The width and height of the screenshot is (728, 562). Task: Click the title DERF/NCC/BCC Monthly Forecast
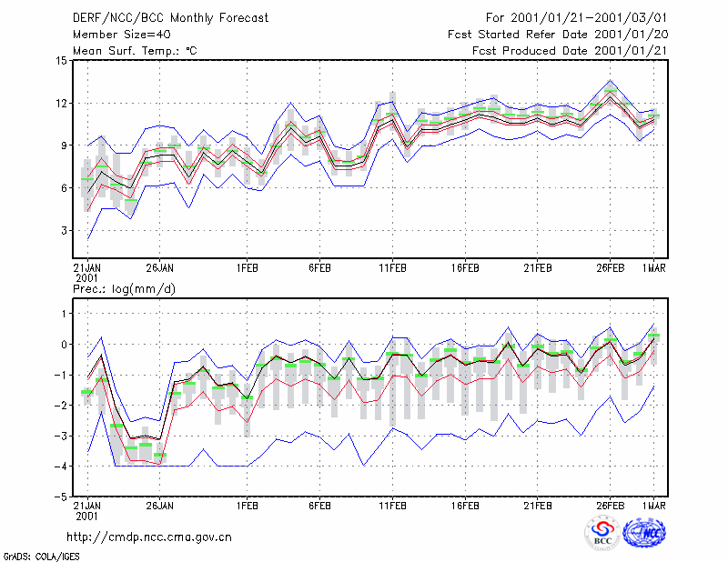point(170,18)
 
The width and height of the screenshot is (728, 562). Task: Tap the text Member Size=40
point(122,35)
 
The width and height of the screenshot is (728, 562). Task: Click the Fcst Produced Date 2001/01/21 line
point(570,51)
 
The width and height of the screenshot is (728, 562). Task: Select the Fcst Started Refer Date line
point(558,35)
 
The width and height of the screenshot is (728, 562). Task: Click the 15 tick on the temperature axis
point(62,61)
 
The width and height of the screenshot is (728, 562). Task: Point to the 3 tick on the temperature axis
point(64,231)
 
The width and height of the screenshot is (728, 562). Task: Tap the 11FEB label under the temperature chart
point(392,268)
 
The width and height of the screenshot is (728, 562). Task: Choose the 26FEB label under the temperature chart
point(610,268)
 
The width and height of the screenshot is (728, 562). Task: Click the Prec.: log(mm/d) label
point(125,289)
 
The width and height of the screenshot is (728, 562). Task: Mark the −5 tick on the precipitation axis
point(61,497)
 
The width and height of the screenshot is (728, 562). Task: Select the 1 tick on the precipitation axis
point(64,314)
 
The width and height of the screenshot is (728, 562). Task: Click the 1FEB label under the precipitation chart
point(247,506)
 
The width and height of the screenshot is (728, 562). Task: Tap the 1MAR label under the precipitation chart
point(653,506)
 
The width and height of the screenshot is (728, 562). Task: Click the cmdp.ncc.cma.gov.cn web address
point(149,537)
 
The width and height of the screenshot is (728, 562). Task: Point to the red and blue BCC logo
point(602,533)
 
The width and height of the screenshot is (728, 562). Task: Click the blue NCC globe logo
point(644,534)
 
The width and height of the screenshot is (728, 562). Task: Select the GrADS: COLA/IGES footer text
point(41,557)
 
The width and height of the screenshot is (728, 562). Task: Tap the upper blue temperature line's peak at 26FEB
point(610,80)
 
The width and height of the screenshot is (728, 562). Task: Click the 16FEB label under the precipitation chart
point(465,506)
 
